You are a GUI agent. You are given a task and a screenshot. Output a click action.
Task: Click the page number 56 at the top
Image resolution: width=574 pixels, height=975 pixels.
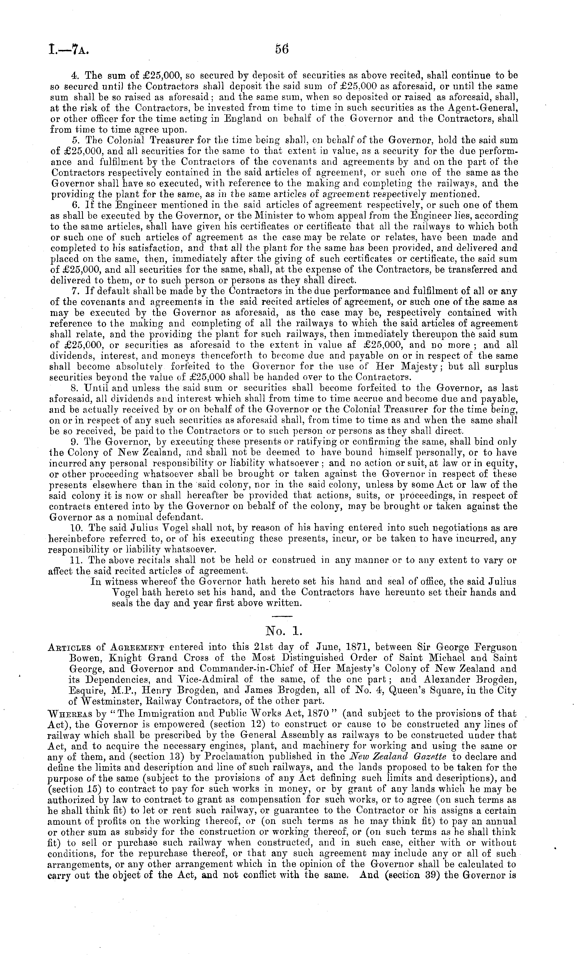click(x=282, y=49)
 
